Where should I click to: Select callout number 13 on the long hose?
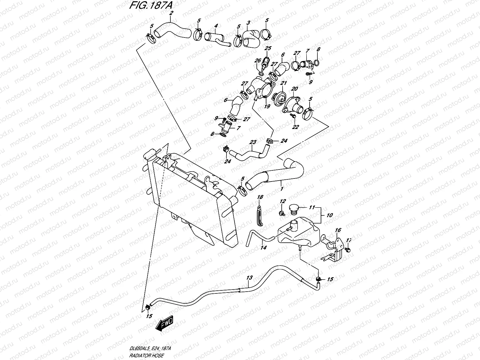(250, 277)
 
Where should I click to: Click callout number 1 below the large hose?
(281, 189)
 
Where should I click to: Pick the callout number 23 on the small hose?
(253, 142)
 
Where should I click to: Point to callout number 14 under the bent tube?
(263, 248)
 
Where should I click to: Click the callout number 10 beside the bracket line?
(330, 215)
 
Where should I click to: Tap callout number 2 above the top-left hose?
(171, 13)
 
